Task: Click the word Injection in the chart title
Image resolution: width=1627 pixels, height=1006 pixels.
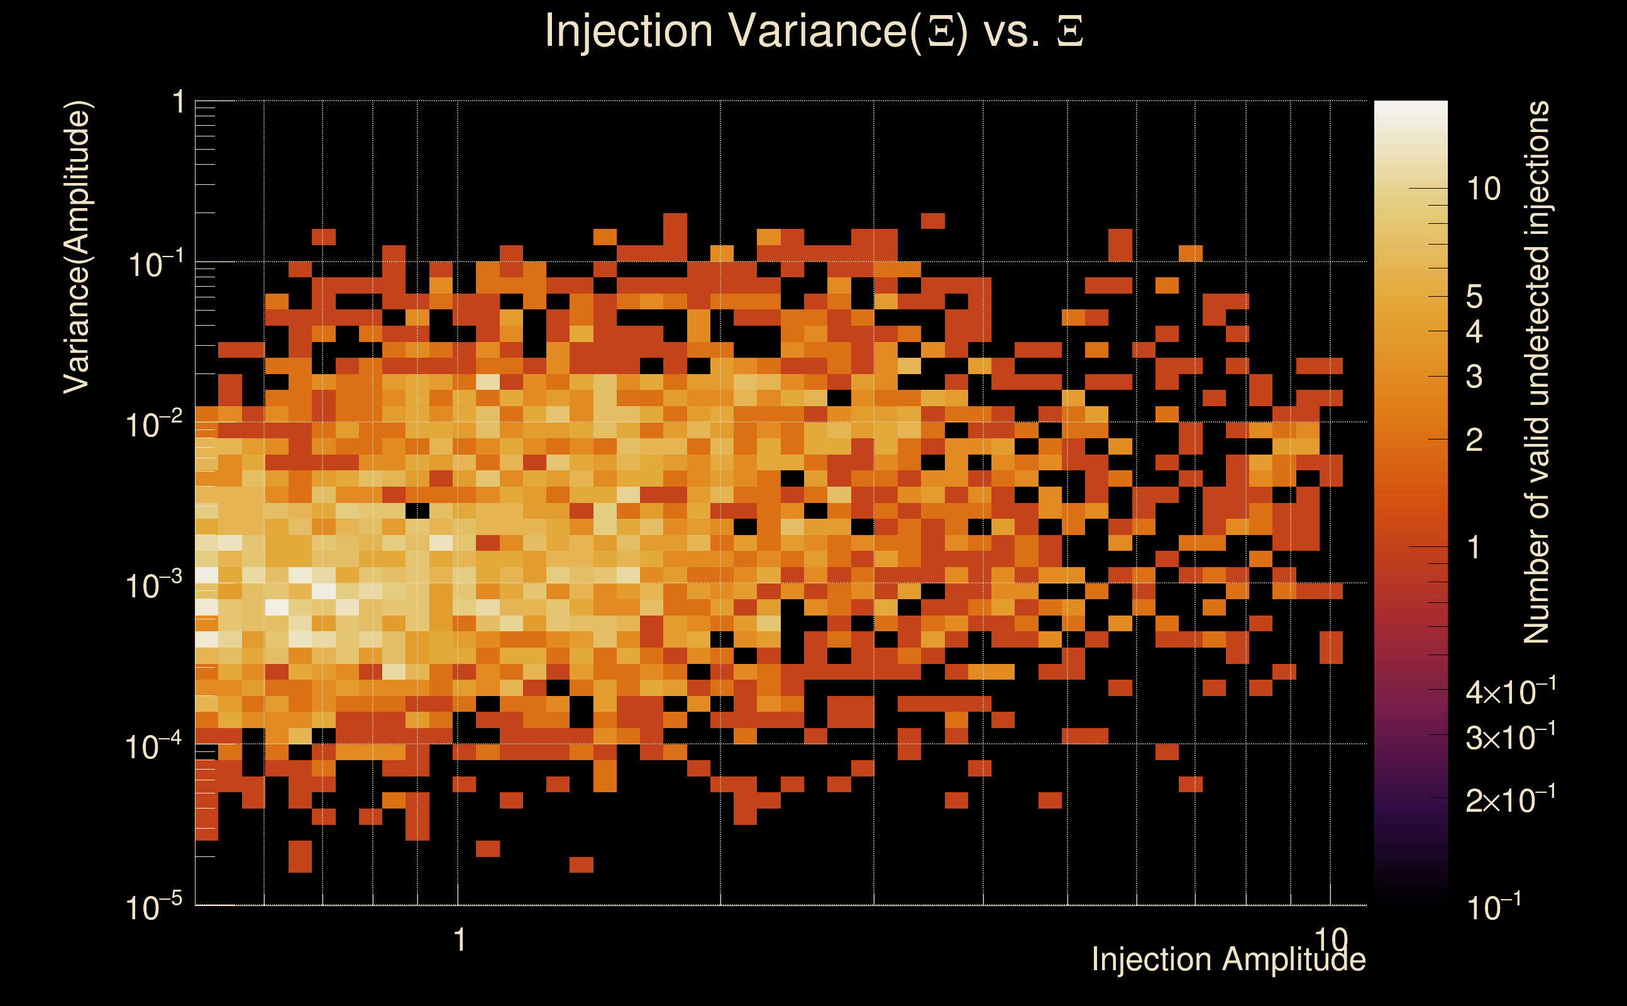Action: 629,31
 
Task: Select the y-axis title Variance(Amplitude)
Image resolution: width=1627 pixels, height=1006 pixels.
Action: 77,247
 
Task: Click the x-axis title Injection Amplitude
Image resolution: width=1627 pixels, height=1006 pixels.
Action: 1228,959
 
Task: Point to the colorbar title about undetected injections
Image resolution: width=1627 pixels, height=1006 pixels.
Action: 1536,373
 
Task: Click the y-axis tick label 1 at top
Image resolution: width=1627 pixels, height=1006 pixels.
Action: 178,103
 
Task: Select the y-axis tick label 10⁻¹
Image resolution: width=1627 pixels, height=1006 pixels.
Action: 155,263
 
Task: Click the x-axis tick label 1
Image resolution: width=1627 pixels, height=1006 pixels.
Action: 459,940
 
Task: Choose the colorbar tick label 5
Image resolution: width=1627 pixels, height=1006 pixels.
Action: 1475,297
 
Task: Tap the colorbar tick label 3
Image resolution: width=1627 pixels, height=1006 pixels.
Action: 1475,377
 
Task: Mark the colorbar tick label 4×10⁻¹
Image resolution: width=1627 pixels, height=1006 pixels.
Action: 1511,693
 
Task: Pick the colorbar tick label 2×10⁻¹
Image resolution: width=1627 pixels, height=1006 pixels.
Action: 1511,800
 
